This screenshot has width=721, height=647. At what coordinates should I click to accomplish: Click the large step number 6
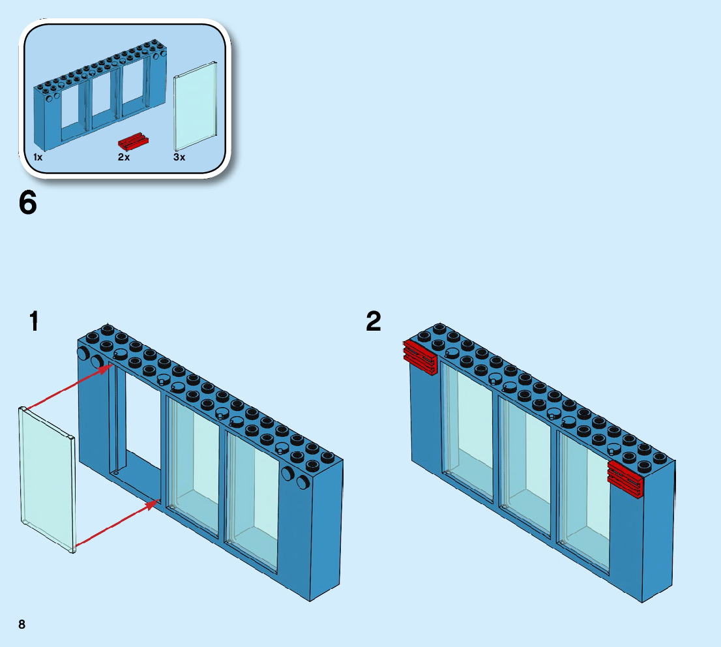click(28, 203)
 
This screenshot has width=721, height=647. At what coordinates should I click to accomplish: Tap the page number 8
click(22, 624)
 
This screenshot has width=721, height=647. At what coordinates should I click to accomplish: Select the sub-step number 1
click(34, 322)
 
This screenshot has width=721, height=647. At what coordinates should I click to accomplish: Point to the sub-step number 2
click(374, 322)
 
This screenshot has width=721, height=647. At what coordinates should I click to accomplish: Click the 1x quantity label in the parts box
click(38, 157)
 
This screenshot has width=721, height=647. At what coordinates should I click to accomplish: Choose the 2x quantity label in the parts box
click(124, 157)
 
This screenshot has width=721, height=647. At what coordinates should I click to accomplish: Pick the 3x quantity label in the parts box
click(179, 157)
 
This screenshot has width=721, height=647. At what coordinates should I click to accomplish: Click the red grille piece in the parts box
click(134, 142)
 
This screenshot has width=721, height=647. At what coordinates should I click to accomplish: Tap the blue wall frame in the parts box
click(98, 98)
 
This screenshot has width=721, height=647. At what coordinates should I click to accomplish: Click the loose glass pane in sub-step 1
click(47, 479)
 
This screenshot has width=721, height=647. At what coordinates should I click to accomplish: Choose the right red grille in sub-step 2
click(625, 477)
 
